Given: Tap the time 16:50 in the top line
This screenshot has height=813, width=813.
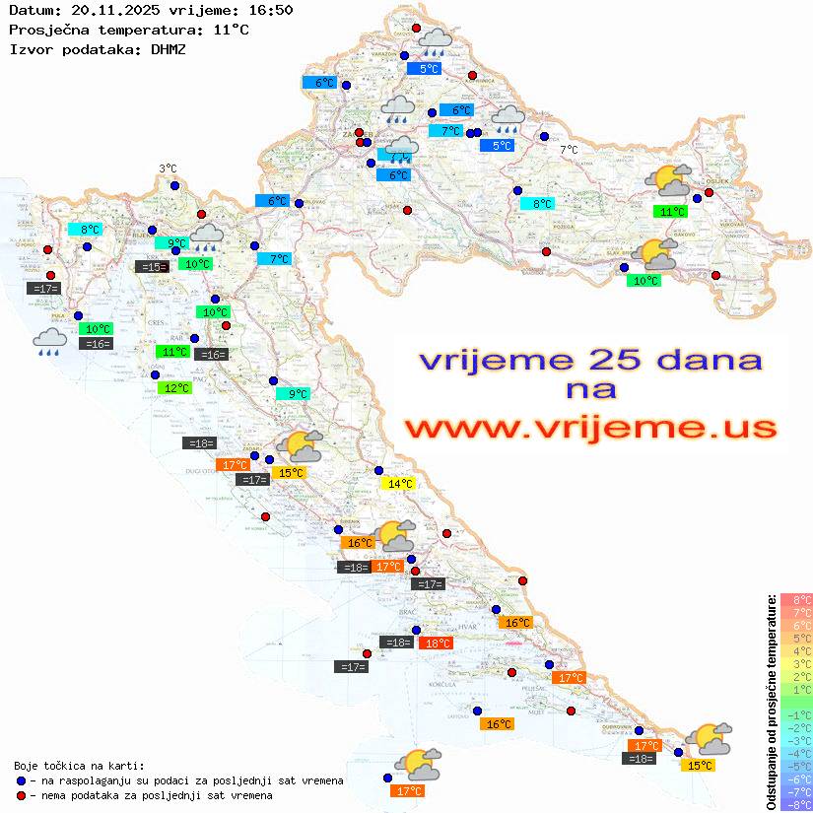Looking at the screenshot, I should pos(271,10).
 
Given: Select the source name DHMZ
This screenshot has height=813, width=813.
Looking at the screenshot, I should pos(167,48).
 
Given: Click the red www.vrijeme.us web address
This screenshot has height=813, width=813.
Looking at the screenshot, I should pos(590,428).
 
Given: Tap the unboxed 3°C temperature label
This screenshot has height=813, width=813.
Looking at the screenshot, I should pos(168,169).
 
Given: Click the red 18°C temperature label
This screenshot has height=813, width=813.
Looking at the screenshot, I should pos(436,644).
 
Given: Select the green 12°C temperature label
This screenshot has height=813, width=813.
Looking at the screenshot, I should pos(174,388).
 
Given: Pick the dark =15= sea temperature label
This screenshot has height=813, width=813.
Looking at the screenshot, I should pos(151,267).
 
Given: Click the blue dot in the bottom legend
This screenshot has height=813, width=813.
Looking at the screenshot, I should pos(22,780).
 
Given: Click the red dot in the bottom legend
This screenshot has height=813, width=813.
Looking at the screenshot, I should pos(22,795).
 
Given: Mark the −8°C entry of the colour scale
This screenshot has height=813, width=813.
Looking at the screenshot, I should pos(795,804).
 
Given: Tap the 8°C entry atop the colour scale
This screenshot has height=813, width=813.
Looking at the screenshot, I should pos(795,600).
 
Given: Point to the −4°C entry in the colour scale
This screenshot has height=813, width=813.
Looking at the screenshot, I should pos(795,753).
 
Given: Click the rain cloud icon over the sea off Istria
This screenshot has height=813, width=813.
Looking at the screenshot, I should pos(50,342).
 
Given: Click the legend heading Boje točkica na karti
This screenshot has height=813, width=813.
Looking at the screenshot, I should pos(79,766).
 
